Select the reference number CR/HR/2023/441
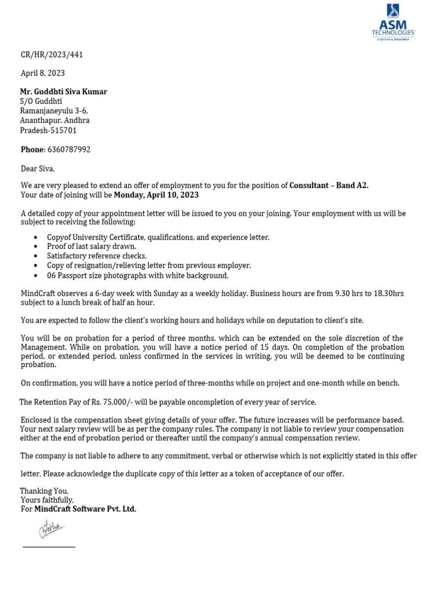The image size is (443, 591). [52, 55]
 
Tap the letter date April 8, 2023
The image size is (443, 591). [43, 73]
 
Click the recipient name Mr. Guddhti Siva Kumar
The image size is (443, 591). [63, 92]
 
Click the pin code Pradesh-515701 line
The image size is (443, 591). [48, 130]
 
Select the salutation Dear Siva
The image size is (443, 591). [38, 169]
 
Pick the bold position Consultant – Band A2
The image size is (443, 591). [329, 185]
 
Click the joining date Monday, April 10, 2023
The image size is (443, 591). [156, 195]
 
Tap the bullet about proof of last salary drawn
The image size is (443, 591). [92, 246]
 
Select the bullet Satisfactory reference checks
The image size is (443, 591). [97, 256]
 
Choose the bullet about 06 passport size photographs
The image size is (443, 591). [138, 275]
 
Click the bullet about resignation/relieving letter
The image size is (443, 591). [149, 265]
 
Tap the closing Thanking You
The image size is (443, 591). [44, 491]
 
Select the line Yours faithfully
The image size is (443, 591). [47, 500]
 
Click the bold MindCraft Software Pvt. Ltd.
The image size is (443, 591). [85, 509]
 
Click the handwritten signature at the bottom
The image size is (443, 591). [51, 528]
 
